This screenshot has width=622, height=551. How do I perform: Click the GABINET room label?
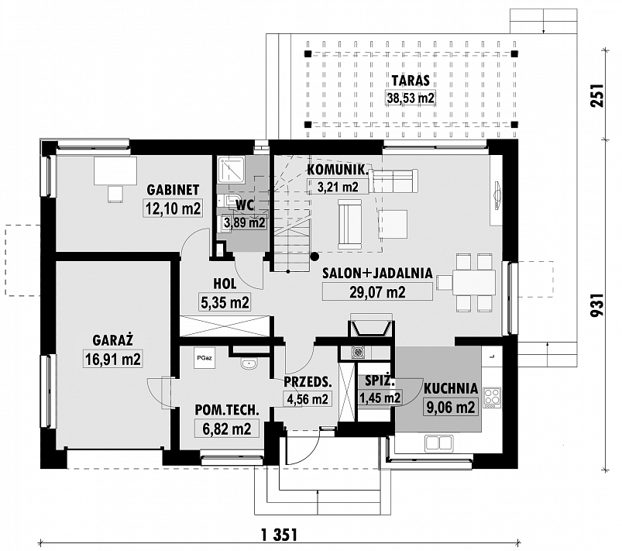tap(173, 190)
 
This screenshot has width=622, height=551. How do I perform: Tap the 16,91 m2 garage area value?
tap(112, 360)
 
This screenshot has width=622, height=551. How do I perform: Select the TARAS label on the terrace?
tap(411, 80)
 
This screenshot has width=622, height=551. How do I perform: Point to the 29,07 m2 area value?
tap(377, 292)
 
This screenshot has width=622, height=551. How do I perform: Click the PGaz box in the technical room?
tap(204, 358)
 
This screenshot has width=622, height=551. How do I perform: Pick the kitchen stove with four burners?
tap(493, 397)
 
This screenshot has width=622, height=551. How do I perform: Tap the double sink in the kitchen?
tap(438, 443)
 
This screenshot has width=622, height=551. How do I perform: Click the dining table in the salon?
tap(474, 283)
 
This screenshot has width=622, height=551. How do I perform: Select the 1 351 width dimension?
tap(280, 534)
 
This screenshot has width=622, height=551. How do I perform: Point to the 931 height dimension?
tap(597, 305)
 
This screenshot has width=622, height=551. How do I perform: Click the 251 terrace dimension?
tap(597, 95)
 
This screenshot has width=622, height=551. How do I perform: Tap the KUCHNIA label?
tap(451, 388)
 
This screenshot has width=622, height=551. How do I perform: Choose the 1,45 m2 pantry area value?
tap(380, 398)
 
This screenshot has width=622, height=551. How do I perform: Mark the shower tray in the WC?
tap(231, 169)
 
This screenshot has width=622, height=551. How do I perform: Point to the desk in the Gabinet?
tap(115, 170)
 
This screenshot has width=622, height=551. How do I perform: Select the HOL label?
tap(225, 284)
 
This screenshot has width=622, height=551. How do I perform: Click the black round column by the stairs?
tap(314, 257)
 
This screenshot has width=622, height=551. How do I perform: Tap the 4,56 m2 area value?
tap(308, 398)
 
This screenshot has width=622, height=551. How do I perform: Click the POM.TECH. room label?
tap(227, 411)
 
